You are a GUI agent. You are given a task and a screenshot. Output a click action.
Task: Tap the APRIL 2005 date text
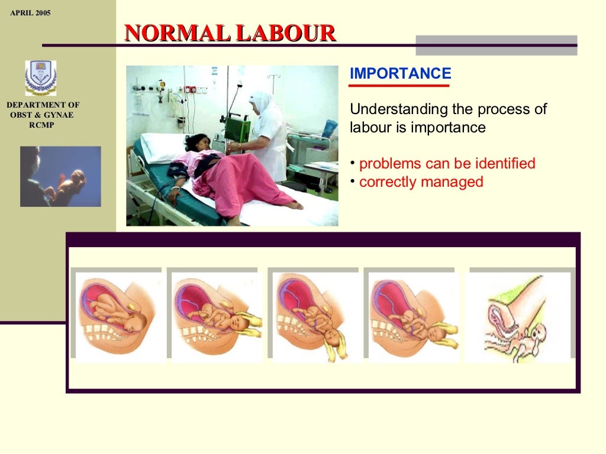click(x=30, y=13)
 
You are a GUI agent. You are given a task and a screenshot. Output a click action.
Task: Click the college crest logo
click(x=41, y=77)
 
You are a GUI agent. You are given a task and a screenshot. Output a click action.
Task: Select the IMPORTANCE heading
click(x=400, y=74)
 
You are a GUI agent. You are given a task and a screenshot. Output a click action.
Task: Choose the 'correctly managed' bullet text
click(x=421, y=182)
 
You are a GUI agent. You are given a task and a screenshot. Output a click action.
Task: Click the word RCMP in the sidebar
click(x=41, y=125)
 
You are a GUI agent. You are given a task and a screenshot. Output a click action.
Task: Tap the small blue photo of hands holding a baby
click(x=60, y=176)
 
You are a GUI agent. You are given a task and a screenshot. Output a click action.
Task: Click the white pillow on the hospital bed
click(x=160, y=146)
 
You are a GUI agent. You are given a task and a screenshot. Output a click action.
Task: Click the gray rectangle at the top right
click(x=496, y=45)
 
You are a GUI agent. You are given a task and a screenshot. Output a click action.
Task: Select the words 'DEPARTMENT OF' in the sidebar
click(x=43, y=105)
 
